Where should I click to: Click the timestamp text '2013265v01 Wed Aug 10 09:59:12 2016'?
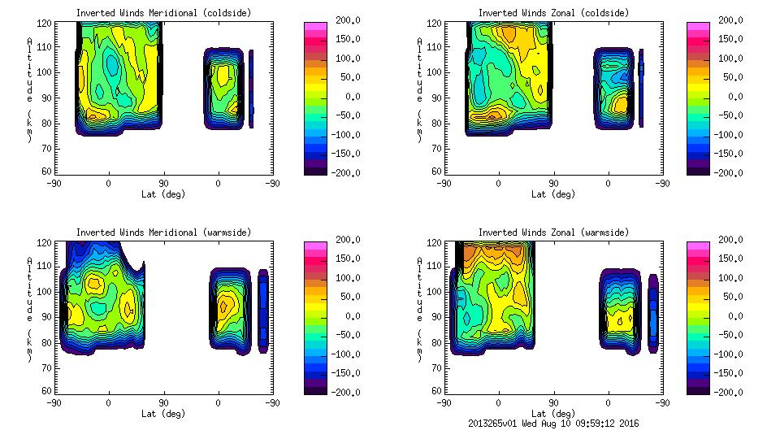tap(554, 424)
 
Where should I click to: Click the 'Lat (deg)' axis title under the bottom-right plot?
tap(553, 413)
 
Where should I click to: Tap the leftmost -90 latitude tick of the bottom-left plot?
tap(54, 402)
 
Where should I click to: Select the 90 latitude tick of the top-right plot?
tap(554, 184)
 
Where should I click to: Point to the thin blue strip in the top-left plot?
tap(251, 89)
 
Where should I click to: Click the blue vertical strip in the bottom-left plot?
tap(263, 311)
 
